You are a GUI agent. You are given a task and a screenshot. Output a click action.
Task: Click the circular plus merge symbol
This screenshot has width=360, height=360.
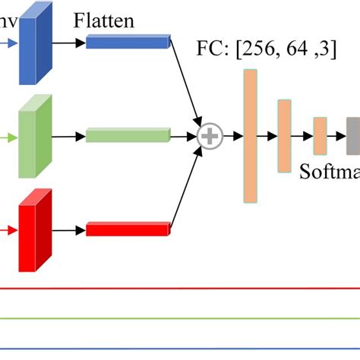point(209,137)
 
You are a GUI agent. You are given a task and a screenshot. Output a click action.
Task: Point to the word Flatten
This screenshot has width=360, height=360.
point(104,21)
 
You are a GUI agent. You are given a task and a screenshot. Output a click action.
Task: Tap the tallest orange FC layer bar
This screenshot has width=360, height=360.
point(251,136)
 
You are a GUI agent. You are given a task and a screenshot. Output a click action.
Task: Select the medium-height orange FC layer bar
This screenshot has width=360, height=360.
point(284,136)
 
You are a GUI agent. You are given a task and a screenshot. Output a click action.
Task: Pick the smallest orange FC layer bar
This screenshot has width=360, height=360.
point(320,136)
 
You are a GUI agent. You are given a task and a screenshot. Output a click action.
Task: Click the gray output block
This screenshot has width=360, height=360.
point(353,136)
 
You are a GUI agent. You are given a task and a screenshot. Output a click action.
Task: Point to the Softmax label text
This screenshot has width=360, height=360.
point(330,170)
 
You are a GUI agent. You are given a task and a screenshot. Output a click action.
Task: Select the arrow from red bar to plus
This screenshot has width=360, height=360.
point(187,190)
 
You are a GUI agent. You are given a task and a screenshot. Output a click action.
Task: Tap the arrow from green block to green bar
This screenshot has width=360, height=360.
point(68,137)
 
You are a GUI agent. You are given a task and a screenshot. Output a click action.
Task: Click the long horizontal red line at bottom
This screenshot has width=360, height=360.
point(180,289)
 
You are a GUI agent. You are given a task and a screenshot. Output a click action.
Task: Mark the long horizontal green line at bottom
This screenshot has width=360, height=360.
point(180,318)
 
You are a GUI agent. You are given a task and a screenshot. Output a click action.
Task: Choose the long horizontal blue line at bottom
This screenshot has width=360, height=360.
point(180,349)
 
